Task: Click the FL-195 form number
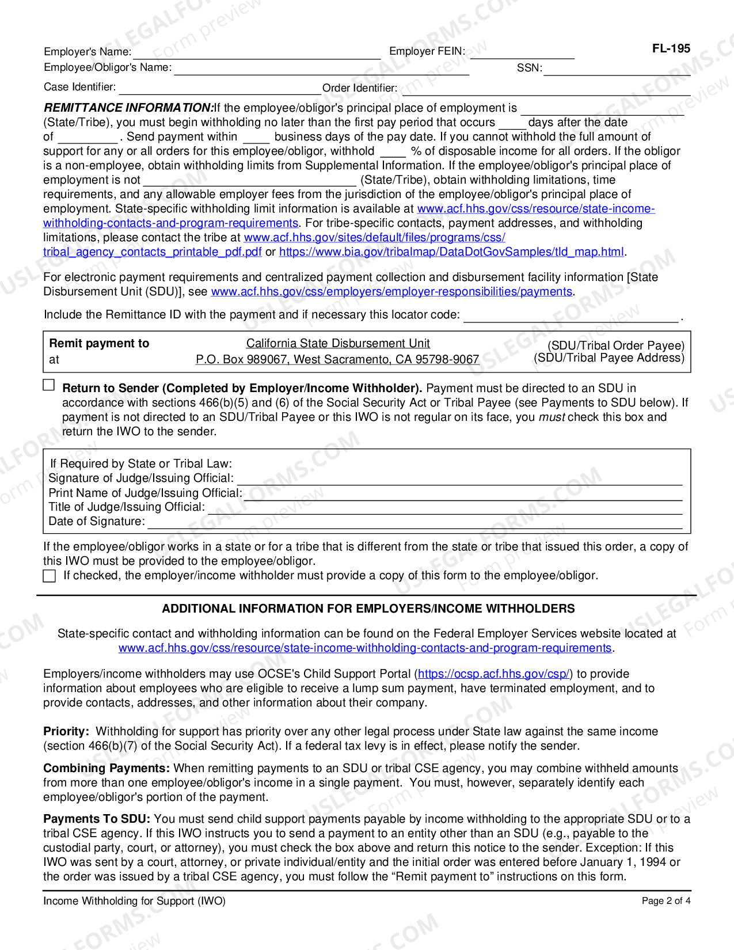(671, 49)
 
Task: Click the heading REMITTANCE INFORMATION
(128, 108)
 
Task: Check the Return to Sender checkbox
(50, 385)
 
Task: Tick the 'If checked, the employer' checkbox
(50, 576)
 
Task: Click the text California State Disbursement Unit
(338, 343)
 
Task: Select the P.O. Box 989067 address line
(337, 359)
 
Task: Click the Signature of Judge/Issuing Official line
(459, 480)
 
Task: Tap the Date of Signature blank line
(414, 523)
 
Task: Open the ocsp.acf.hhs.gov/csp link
(493, 674)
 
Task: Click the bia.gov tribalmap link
(451, 252)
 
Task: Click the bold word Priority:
(66, 731)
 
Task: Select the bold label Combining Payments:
(107, 768)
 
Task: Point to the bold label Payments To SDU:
(97, 819)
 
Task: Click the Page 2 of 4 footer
(665, 901)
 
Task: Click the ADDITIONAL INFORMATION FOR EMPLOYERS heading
(368, 609)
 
